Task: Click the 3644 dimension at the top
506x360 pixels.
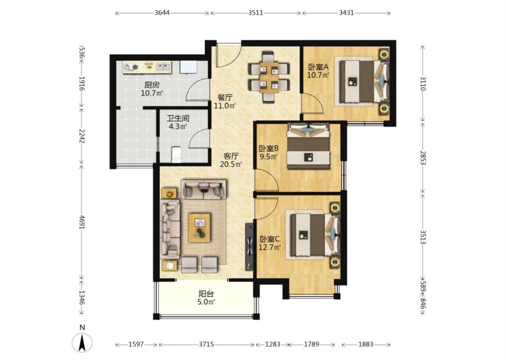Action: pyautogui.click(x=162, y=13)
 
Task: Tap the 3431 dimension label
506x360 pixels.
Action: pyautogui.click(x=346, y=13)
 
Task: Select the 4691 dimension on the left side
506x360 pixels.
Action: pyautogui.click(x=82, y=222)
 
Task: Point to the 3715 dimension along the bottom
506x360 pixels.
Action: pyautogui.click(x=206, y=345)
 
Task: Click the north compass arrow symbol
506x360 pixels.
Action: pyautogui.click(x=82, y=342)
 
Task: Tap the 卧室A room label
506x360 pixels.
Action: pyautogui.click(x=318, y=67)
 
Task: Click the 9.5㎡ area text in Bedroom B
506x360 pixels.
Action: pyautogui.click(x=269, y=157)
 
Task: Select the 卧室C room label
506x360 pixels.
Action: pyautogui.click(x=269, y=239)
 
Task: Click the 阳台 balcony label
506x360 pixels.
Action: pyautogui.click(x=206, y=294)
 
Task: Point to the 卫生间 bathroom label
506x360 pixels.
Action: pyautogui.click(x=178, y=118)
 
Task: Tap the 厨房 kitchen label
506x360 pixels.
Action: pyautogui.click(x=152, y=85)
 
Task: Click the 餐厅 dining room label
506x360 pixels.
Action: pyautogui.click(x=225, y=98)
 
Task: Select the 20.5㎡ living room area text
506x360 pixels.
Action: pyautogui.click(x=231, y=164)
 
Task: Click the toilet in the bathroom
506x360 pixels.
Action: pyautogui.click(x=176, y=154)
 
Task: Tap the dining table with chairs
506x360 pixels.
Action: pyautogui.click(x=269, y=77)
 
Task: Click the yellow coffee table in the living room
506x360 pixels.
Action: pyautogui.click(x=199, y=228)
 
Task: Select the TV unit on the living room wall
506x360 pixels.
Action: pyautogui.click(x=249, y=247)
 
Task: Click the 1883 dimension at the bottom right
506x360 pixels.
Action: pyautogui.click(x=366, y=345)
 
